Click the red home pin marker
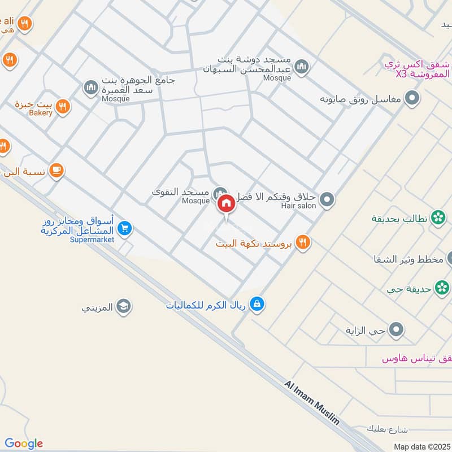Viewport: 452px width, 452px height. coord(226,203)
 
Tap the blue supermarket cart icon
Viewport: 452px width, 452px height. coord(125,228)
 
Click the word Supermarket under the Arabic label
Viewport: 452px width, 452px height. coord(92,240)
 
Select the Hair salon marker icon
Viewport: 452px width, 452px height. coord(327,199)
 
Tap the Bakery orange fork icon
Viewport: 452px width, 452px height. coord(63,106)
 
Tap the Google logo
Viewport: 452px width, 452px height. coord(24,444)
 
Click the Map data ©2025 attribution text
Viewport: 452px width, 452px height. coord(421,447)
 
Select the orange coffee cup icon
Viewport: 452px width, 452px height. coord(56,170)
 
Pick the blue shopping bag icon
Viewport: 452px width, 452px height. coord(258,304)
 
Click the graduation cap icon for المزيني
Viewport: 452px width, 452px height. coord(123,307)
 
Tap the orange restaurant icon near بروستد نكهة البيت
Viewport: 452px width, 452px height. coord(303,242)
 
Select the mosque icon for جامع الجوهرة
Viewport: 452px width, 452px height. coord(90,88)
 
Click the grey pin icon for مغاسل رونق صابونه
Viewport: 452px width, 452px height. coord(413,98)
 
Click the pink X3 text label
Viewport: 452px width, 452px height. coord(401,75)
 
